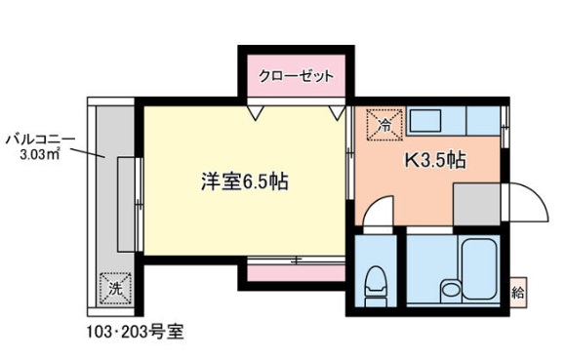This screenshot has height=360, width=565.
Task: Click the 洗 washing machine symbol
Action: (114, 287)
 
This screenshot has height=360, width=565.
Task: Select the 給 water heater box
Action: (520, 290)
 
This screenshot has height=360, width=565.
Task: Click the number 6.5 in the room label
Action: (252, 182)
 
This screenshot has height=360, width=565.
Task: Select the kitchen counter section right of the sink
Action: (483, 123)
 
